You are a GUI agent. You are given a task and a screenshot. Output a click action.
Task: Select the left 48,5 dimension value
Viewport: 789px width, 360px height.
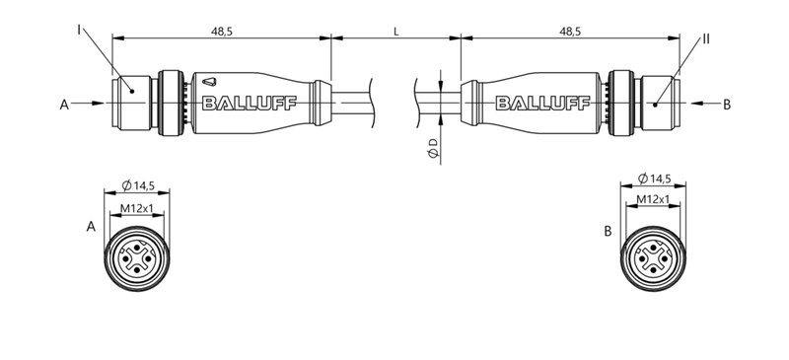click(222, 32)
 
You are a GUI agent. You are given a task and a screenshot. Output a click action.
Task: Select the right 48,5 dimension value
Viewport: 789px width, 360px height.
click(570, 32)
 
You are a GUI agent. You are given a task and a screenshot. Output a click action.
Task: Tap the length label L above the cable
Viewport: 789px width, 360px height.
click(395, 32)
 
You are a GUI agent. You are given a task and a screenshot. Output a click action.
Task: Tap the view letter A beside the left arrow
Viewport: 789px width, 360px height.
click(64, 103)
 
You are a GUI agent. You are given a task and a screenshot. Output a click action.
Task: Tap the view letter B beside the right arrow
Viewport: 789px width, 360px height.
click(727, 103)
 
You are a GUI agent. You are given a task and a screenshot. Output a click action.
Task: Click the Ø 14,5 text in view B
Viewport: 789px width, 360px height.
click(655, 179)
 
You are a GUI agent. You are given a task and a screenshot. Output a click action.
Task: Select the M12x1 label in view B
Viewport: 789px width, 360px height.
click(653, 199)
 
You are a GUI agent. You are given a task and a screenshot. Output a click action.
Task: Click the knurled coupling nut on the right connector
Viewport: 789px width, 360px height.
click(621, 103)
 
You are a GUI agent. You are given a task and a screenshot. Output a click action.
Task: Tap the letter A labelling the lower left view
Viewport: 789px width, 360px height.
click(91, 227)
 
